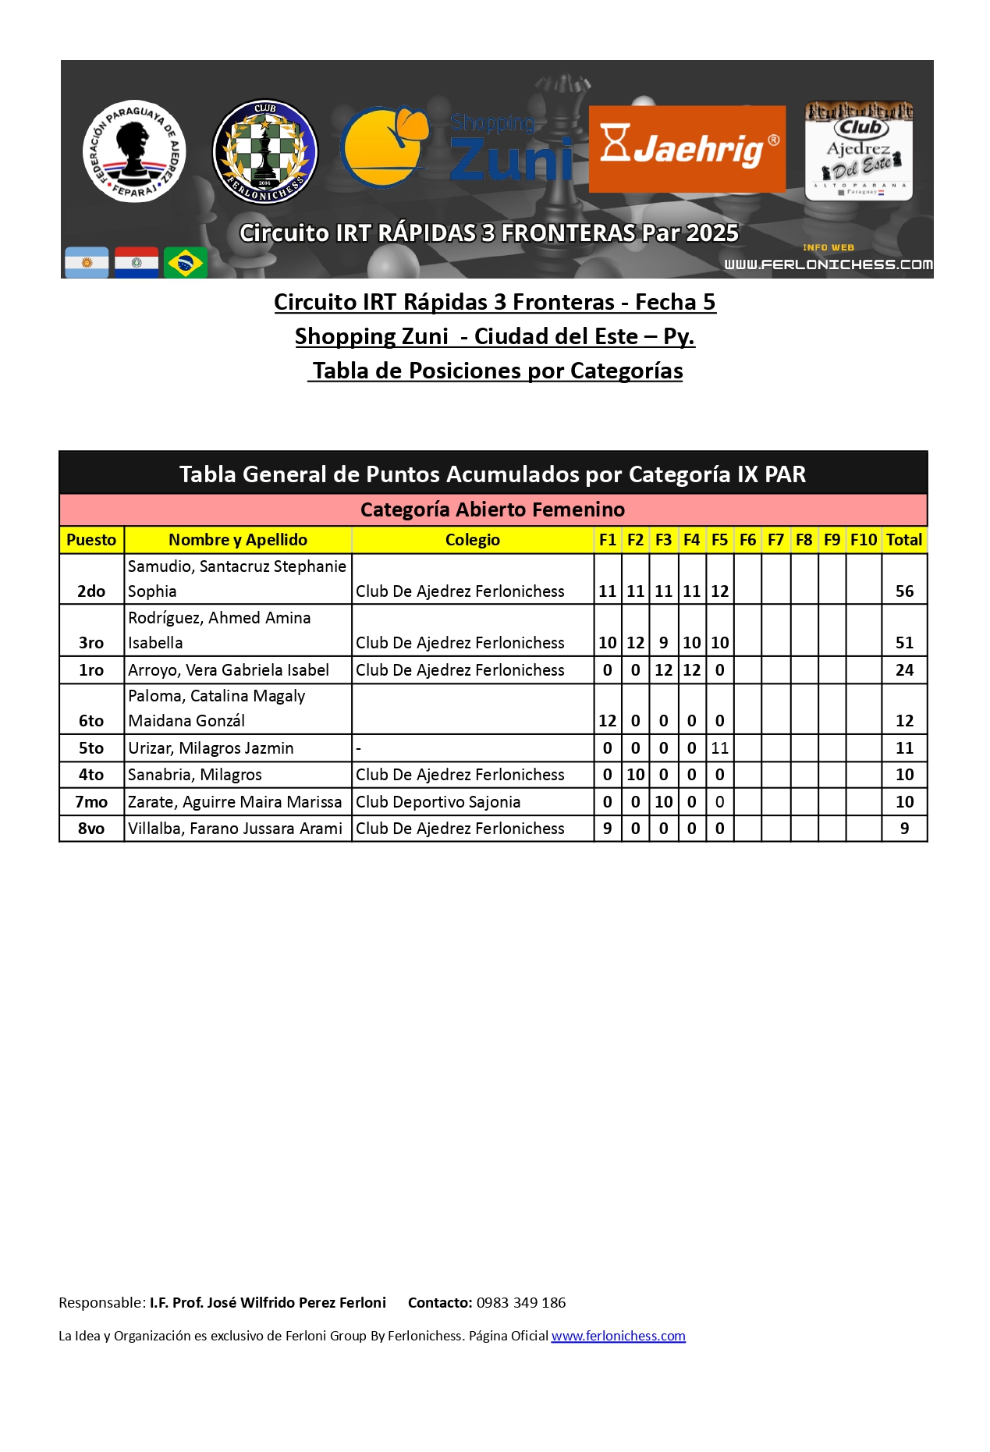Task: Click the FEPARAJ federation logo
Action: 134,151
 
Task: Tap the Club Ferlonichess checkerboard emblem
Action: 265,151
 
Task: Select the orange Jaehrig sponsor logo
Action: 687,149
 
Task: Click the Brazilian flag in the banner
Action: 186,263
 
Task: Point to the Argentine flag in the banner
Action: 87,263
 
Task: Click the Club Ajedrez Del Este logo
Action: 858,151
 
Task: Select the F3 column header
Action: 663,540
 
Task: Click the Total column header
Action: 904,540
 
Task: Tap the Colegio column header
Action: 472,540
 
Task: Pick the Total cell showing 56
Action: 904,591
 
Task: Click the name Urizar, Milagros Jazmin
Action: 211,748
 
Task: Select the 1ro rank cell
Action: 91,670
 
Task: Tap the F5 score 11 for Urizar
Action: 719,748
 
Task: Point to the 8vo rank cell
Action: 91,829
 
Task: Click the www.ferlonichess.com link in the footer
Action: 618,1336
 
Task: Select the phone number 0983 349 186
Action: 521,1302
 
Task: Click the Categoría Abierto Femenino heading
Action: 492,509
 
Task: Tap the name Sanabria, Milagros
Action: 195,775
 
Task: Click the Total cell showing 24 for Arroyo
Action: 904,670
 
